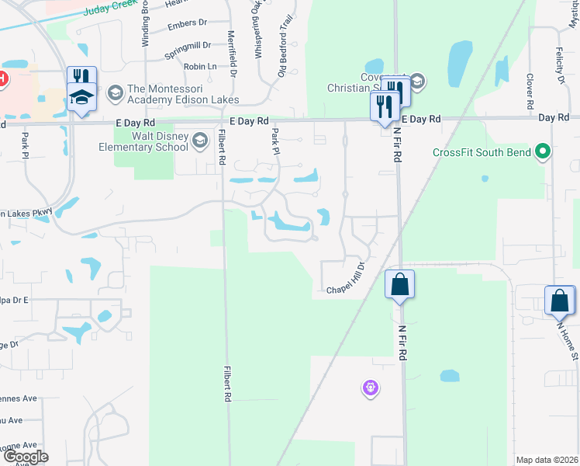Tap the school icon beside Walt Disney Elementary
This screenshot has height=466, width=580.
pyautogui.click(x=200, y=140)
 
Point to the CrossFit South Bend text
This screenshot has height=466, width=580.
pyautogui.click(x=482, y=152)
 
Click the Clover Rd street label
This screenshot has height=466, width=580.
pyautogui.click(x=530, y=91)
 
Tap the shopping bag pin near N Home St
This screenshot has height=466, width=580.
pyautogui.click(x=560, y=300)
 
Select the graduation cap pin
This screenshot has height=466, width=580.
pyautogui.click(x=81, y=97)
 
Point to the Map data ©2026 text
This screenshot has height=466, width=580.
pyautogui.click(x=546, y=460)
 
